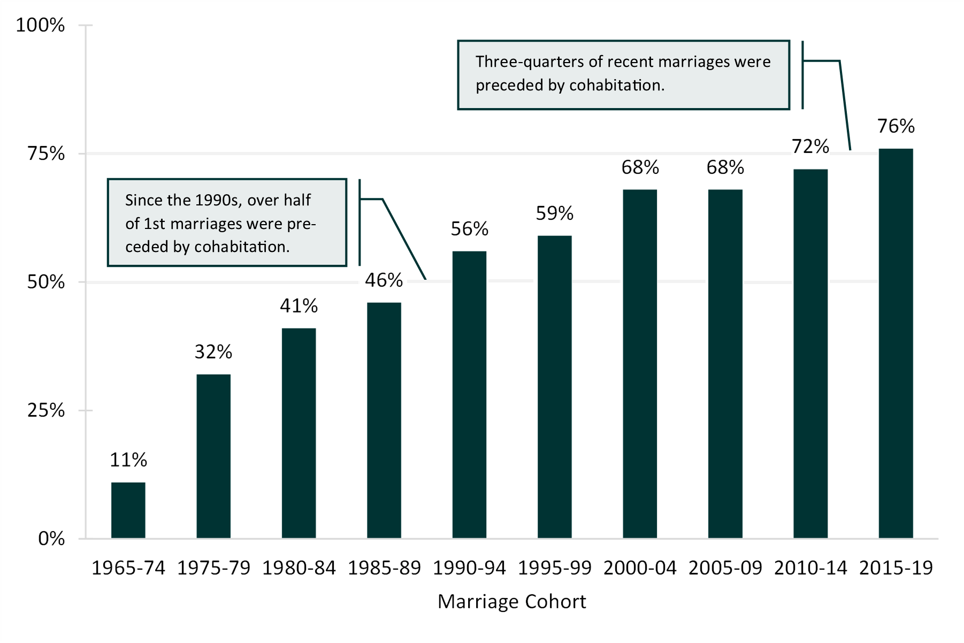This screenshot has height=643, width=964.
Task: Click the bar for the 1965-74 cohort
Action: (128, 510)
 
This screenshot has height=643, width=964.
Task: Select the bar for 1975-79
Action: (213, 456)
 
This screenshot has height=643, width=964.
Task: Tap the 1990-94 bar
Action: (469, 394)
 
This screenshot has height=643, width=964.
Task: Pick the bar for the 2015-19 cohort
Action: (896, 343)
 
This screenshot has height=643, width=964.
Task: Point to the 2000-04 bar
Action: (640, 364)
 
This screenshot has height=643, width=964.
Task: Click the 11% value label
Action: (128, 460)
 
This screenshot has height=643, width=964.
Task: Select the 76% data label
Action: (896, 126)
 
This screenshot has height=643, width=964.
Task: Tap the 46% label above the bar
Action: (384, 280)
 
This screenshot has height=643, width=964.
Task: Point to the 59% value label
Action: (555, 213)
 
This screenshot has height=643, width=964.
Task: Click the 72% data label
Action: (810, 147)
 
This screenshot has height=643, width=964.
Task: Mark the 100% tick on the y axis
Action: (41, 25)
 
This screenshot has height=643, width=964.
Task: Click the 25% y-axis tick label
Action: (46, 410)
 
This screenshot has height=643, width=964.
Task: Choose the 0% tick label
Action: (51, 538)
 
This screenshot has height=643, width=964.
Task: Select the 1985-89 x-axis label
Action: (384, 568)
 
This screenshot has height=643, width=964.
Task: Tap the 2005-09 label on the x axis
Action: (725, 568)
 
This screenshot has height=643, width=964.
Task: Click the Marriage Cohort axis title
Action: (511, 602)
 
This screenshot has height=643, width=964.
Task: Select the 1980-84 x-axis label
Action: (299, 568)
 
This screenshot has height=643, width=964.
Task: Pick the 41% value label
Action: (299, 306)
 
